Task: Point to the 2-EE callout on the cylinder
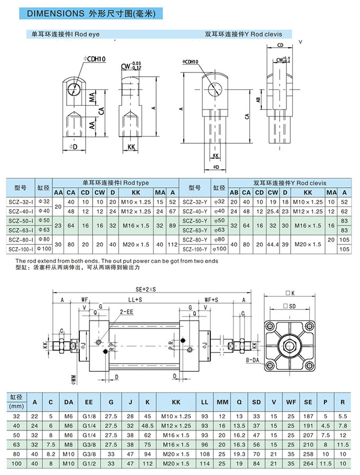[125, 312]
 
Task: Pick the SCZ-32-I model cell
[21, 202]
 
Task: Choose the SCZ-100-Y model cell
[195, 249]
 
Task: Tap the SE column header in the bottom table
[308, 403]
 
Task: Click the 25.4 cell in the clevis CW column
[273, 211]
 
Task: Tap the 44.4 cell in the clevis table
[273, 244]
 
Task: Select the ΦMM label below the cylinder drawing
[73, 378]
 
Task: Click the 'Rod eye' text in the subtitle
[87, 34]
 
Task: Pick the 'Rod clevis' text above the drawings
[267, 34]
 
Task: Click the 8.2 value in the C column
[51, 453]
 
